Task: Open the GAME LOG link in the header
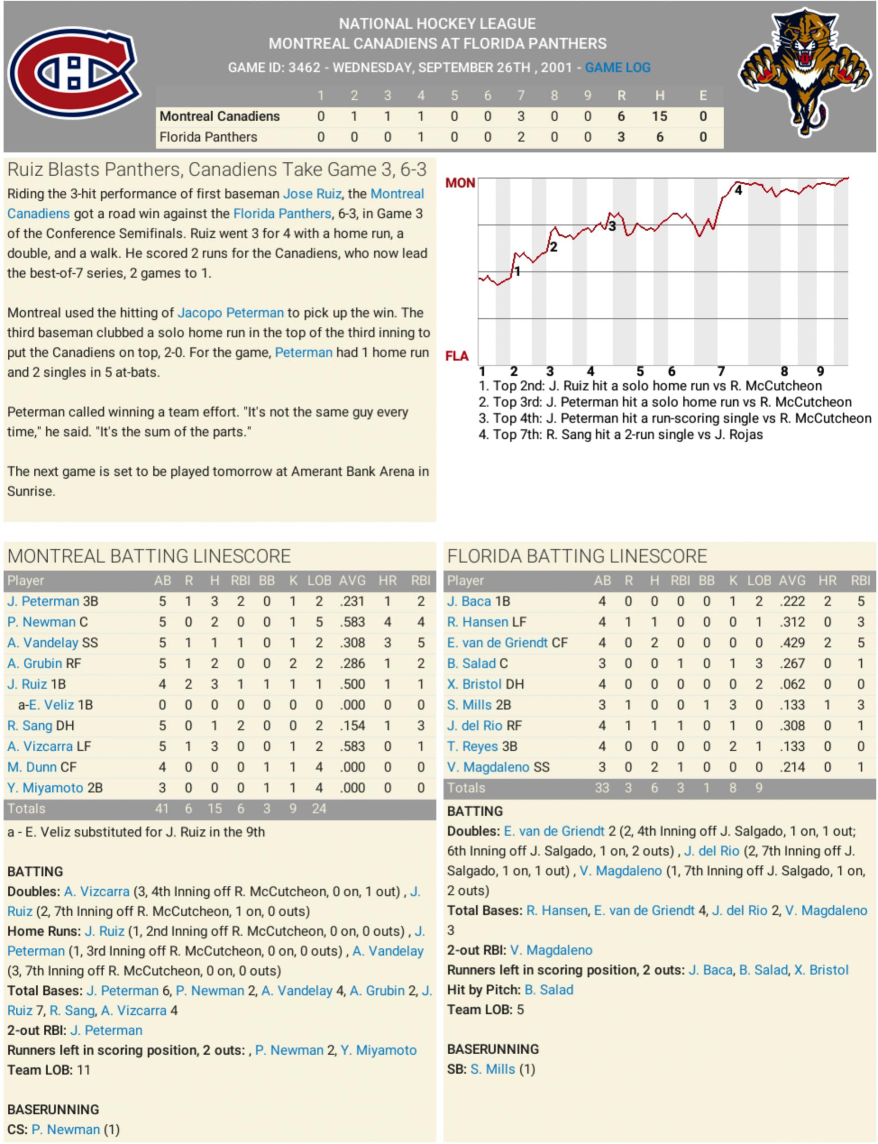(x=617, y=68)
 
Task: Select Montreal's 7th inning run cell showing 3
(x=520, y=116)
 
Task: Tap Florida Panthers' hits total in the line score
(x=660, y=137)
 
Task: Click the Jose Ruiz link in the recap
(x=312, y=194)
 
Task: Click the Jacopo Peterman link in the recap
(x=230, y=312)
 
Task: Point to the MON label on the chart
(x=460, y=183)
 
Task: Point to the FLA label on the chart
(x=457, y=356)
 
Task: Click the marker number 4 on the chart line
(x=738, y=190)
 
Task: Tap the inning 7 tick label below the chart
(x=721, y=371)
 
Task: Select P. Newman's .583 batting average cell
(x=352, y=622)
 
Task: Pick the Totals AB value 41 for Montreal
(x=161, y=809)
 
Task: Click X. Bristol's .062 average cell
(x=792, y=684)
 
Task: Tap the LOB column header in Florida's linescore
(x=759, y=581)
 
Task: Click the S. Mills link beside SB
(x=492, y=1069)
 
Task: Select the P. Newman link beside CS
(x=65, y=1130)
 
